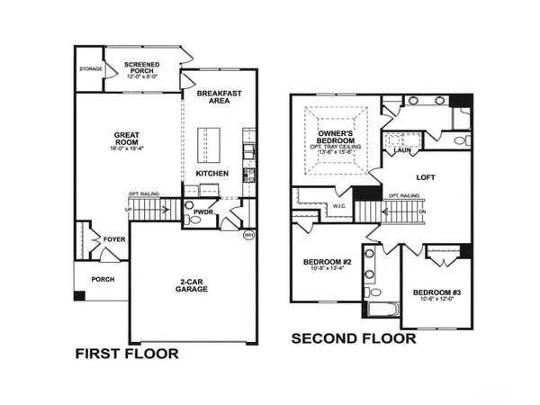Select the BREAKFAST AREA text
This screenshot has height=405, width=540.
pos(219,96)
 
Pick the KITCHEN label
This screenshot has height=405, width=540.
pos(211,173)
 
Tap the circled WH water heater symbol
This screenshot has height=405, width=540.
pos(248,236)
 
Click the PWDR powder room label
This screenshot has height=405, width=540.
pos(204,212)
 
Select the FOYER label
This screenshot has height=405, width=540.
pos(113,239)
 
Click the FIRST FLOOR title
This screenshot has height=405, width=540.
pos(126,354)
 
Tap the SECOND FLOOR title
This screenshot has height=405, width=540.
pos(353,339)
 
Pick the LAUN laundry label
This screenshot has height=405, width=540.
pos(401,151)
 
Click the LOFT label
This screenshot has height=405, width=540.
pos(426,177)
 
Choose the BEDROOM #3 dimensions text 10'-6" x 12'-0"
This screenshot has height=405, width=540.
pos(436,300)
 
